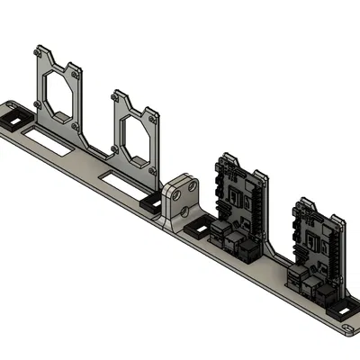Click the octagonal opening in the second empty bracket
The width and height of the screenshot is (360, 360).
[136, 136]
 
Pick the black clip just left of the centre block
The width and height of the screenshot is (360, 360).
[150, 205]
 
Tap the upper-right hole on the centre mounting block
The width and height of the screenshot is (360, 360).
[192, 185]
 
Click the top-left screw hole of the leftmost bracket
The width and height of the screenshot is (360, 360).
[37, 51]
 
